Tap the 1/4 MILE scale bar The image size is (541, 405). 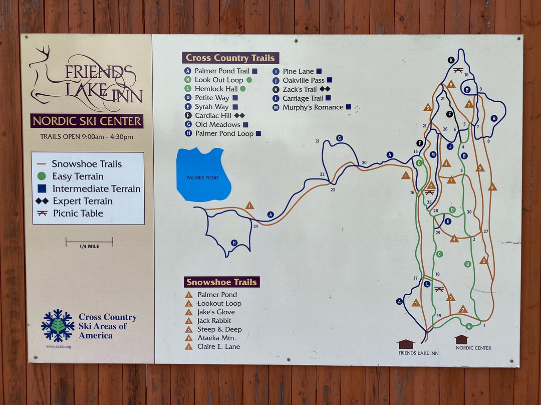coord(89,243)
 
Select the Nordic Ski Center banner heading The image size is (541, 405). coord(87,121)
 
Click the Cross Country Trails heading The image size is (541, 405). coord(230,58)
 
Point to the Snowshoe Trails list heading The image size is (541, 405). coord(221,282)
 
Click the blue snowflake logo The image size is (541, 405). coord(58,325)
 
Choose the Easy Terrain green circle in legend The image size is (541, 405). coord(42,176)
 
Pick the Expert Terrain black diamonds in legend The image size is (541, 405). coord(42,201)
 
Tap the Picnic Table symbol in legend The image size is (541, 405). coord(42,213)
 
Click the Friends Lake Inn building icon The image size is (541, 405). coord(406,344)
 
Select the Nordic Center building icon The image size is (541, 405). coord(461,339)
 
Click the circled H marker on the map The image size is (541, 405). coord(234,243)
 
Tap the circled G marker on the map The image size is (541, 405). coord(340,138)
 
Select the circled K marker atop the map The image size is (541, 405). coord(451,60)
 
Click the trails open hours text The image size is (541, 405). coord(87,137)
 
